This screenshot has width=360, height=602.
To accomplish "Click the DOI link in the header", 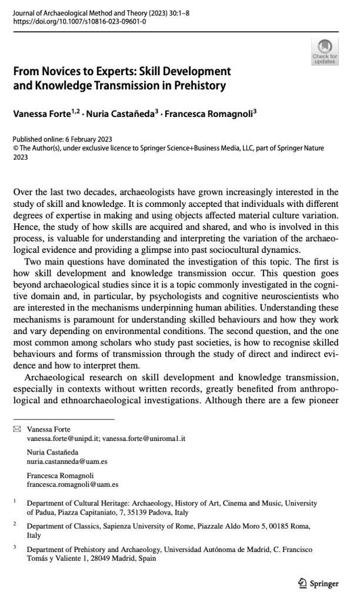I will (x=79, y=22).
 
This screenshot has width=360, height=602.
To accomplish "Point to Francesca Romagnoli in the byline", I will (x=218, y=110).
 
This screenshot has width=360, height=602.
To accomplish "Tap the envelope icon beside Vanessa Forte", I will (x=16, y=430).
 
